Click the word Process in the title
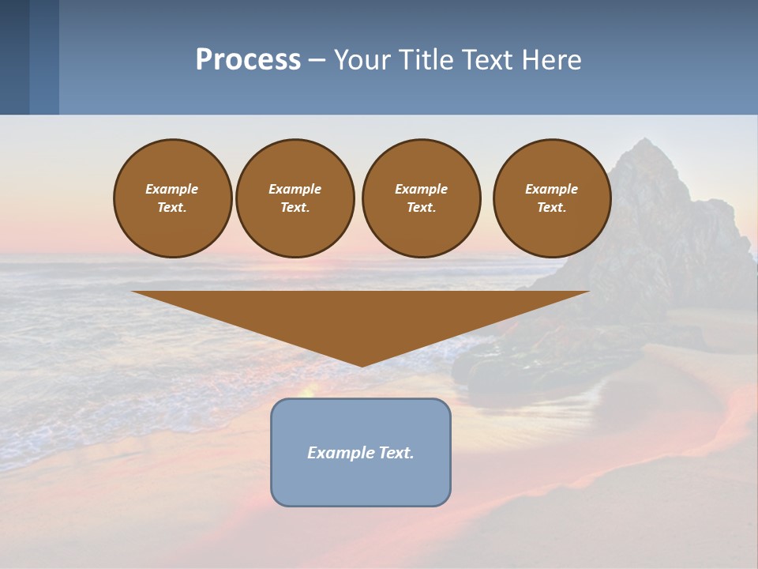click(x=248, y=60)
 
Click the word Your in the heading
click(x=361, y=60)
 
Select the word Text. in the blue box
click(x=396, y=453)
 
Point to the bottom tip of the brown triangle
click(x=361, y=365)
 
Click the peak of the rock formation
click(x=645, y=141)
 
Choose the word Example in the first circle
click(x=172, y=189)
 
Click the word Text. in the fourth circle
click(x=552, y=207)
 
